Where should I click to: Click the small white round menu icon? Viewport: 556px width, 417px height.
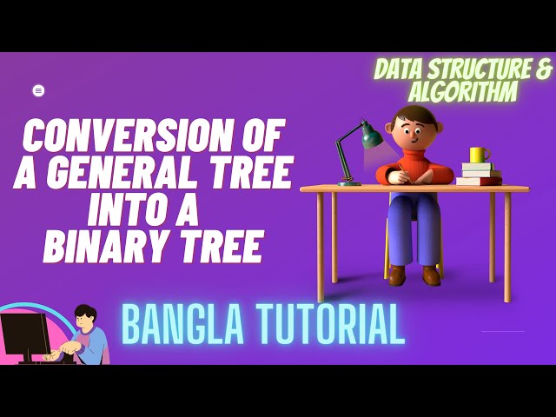coord(38,90)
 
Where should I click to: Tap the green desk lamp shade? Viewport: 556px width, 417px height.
coord(372,136)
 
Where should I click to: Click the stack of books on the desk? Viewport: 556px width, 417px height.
coord(479,174)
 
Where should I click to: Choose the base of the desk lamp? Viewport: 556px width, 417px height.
coord(349,183)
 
